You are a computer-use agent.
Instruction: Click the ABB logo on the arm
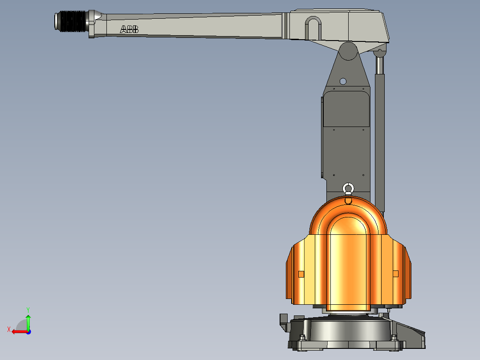coord(129,29)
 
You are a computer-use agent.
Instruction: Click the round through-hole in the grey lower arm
coord(342,81)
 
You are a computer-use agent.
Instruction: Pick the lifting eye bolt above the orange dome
coord(348,189)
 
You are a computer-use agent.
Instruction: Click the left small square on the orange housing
coord(301,274)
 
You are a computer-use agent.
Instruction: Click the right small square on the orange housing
coord(395,274)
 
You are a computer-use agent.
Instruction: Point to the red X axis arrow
coord(18,331)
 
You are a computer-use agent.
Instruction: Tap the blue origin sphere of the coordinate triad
coord(28,331)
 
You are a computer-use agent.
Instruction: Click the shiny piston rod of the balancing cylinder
coord(380,65)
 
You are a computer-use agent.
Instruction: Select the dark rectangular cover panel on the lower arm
coord(346,109)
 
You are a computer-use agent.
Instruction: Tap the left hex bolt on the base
coord(303,338)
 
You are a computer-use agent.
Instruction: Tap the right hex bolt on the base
coord(394,338)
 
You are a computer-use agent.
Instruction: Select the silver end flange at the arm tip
coord(57,21)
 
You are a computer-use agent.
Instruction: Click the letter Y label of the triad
coord(28,309)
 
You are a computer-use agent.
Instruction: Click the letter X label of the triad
coord(9,330)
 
